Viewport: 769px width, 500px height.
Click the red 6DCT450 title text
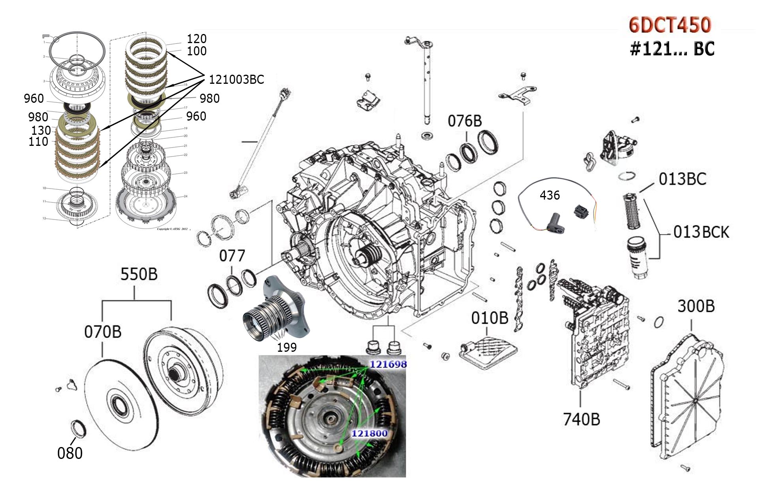670,25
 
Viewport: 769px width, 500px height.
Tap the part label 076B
465,121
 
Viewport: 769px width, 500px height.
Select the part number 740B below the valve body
581,419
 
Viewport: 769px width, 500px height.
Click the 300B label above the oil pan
696,306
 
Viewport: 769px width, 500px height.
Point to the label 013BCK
701,232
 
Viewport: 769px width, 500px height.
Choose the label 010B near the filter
489,318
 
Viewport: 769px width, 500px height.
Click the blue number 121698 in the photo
388,364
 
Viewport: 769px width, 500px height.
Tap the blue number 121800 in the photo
369,433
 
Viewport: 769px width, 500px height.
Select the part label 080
70,453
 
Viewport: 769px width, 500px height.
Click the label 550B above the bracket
139,274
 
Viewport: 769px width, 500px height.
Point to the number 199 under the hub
286,347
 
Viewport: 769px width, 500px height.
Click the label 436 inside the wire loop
549,195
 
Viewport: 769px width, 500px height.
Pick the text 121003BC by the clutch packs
236,79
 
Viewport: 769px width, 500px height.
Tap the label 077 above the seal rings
232,256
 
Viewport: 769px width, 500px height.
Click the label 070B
102,332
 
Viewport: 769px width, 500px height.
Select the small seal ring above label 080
77,429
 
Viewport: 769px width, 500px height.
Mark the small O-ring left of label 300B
658,322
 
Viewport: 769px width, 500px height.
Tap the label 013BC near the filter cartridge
682,179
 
